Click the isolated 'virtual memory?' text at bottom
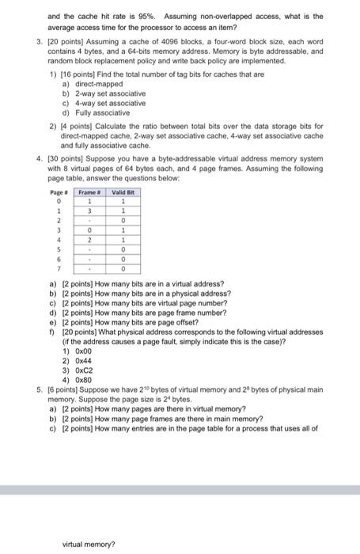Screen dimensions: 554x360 pos(89,544)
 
